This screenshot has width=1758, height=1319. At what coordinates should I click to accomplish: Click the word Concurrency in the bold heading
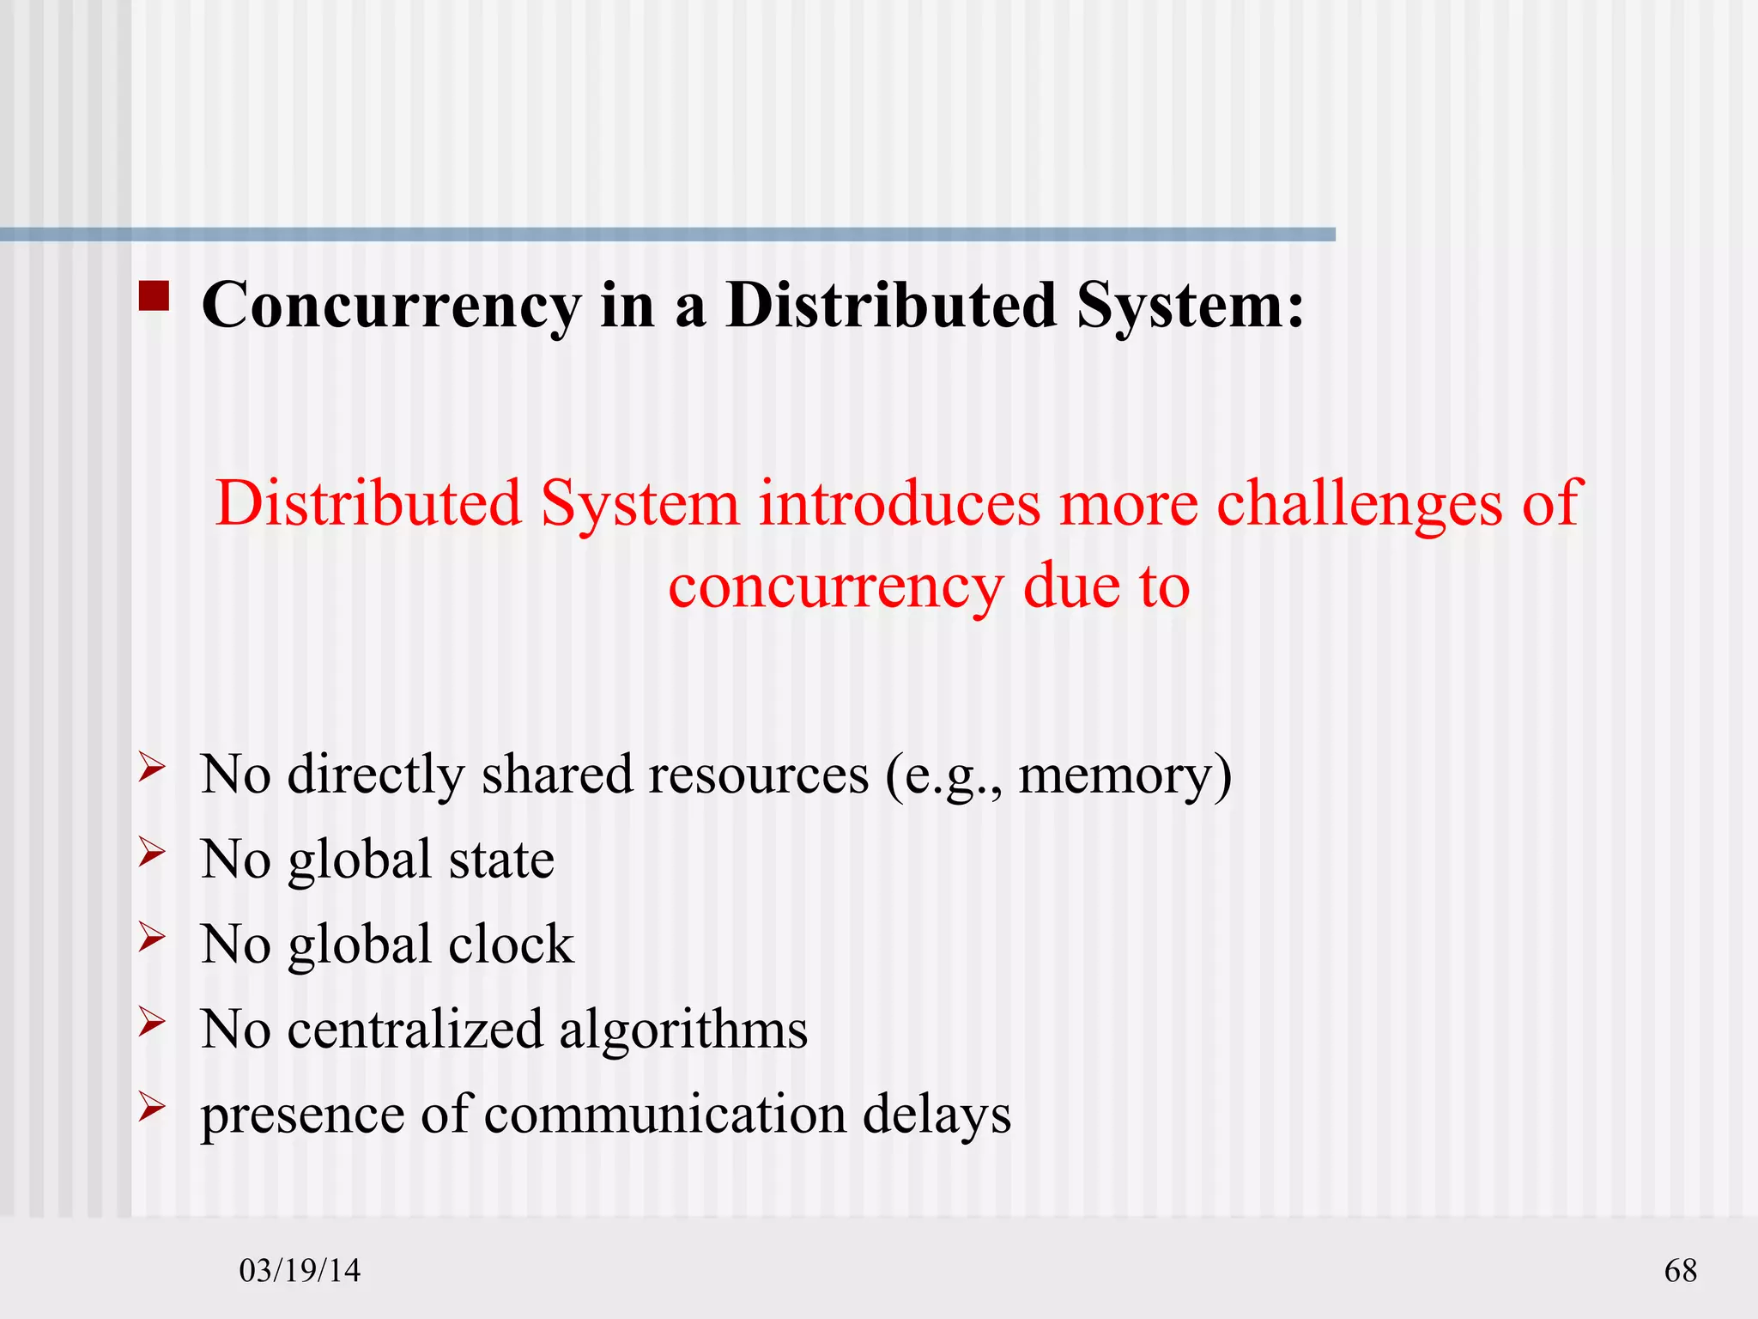391,306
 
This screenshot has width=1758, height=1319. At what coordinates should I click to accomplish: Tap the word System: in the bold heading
1190,306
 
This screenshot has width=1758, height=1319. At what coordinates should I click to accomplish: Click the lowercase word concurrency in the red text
834,589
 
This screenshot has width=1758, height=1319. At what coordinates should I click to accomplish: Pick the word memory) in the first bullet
1125,775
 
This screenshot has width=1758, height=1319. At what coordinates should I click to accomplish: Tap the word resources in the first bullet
760,775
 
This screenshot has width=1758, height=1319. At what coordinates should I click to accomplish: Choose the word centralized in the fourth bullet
415,1029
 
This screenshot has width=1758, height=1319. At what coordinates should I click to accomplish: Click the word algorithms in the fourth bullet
683,1029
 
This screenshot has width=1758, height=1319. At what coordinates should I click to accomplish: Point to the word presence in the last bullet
302,1115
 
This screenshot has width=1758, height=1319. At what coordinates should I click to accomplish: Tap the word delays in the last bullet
937,1115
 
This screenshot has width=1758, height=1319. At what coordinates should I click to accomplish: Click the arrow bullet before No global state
151,852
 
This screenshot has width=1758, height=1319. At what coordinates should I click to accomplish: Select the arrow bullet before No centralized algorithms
151,1022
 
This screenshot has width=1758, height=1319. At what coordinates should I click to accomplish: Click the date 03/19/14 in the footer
300,1270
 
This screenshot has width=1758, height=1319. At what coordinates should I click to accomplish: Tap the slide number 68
1680,1270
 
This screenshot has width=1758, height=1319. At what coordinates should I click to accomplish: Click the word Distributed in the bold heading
891,306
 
